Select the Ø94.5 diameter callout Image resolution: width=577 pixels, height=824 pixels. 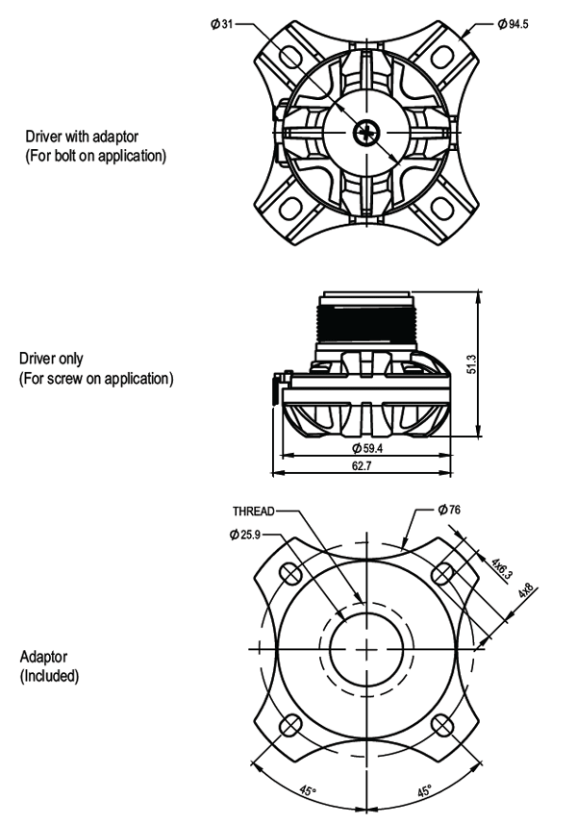(x=512, y=22)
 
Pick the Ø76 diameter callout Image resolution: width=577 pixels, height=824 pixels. (x=449, y=511)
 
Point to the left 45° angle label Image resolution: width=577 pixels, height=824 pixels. (x=306, y=790)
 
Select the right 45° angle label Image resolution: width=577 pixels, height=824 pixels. (x=423, y=790)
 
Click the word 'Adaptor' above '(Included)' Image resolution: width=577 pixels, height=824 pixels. (x=44, y=656)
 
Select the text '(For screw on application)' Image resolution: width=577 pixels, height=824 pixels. (x=96, y=378)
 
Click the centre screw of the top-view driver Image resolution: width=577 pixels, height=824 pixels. (x=366, y=132)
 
